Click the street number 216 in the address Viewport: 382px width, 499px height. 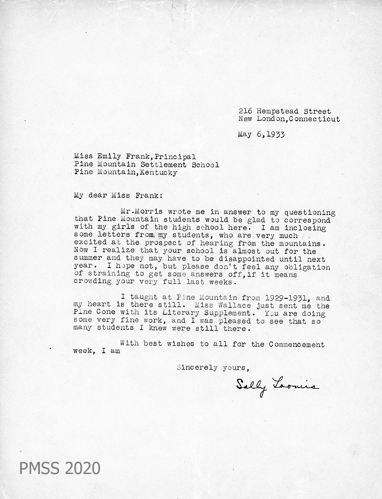pyautogui.click(x=245, y=111)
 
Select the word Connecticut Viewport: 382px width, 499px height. pyautogui.click(x=314, y=119)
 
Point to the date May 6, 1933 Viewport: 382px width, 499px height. pyautogui.click(x=261, y=134)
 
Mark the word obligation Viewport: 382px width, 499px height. pyautogui.click(x=308, y=267)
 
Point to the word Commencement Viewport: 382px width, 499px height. pyautogui.click(x=297, y=344)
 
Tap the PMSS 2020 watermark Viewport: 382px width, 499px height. pyautogui.click(x=60, y=468)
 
